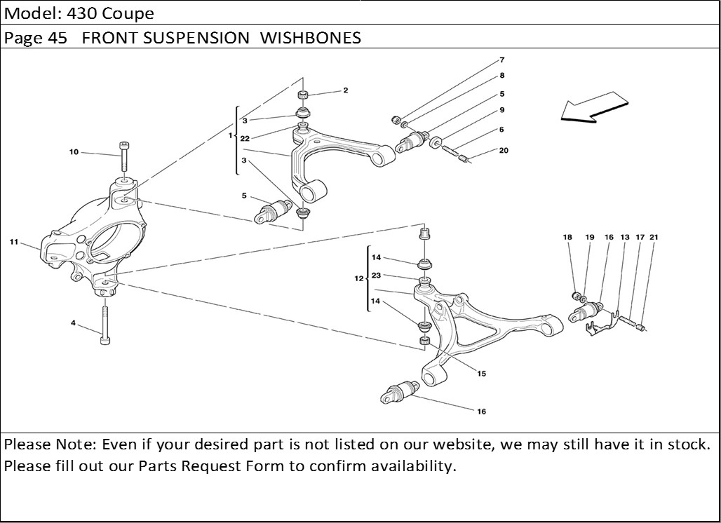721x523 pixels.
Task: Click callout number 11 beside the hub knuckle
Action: click(x=14, y=242)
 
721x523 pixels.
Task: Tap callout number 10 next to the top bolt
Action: click(x=74, y=152)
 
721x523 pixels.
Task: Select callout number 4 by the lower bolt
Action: click(x=73, y=323)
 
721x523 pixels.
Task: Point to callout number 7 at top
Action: click(x=502, y=60)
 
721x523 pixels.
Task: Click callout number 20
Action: click(x=504, y=151)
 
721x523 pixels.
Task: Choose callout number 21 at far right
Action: click(x=654, y=238)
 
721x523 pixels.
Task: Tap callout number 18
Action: click(x=567, y=238)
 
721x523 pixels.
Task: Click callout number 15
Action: click(x=482, y=374)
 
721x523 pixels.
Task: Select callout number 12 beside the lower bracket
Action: click(x=358, y=279)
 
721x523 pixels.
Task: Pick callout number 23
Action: click(x=376, y=276)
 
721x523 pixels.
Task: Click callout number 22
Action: click(x=244, y=139)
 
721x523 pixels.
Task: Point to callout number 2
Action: click(x=346, y=90)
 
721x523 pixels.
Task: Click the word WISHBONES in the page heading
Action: click(x=311, y=38)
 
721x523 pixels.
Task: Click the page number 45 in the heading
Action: click(x=58, y=38)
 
